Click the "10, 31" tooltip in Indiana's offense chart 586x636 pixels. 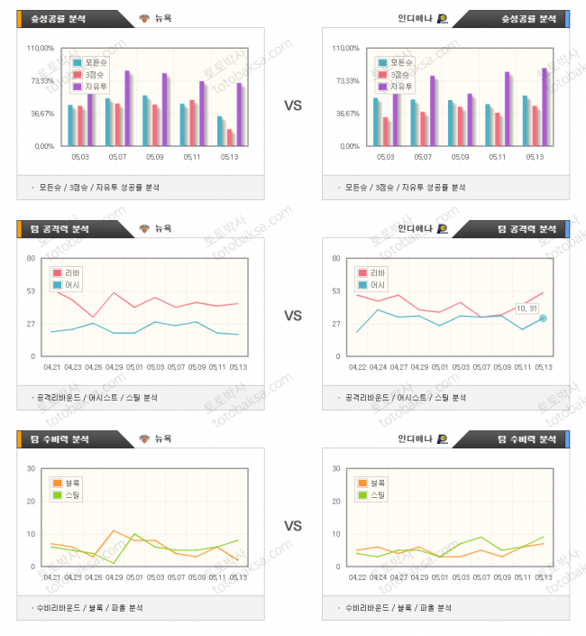coord(526,309)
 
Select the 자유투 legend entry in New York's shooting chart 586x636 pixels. coord(93,86)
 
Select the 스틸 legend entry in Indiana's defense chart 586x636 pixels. coord(372,494)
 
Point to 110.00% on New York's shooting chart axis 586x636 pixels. coord(41,49)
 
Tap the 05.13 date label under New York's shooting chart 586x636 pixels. coord(229,157)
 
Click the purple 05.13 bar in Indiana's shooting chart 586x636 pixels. coord(544,106)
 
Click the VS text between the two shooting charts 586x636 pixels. coord(292,106)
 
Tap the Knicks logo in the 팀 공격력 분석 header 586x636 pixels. coord(144,229)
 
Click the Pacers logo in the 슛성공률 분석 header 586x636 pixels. coord(442,18)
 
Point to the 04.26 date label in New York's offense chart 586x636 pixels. coord(95,367)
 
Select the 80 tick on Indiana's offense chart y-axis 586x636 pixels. coord(337,259)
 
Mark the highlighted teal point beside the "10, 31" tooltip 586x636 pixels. coord(543,318)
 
